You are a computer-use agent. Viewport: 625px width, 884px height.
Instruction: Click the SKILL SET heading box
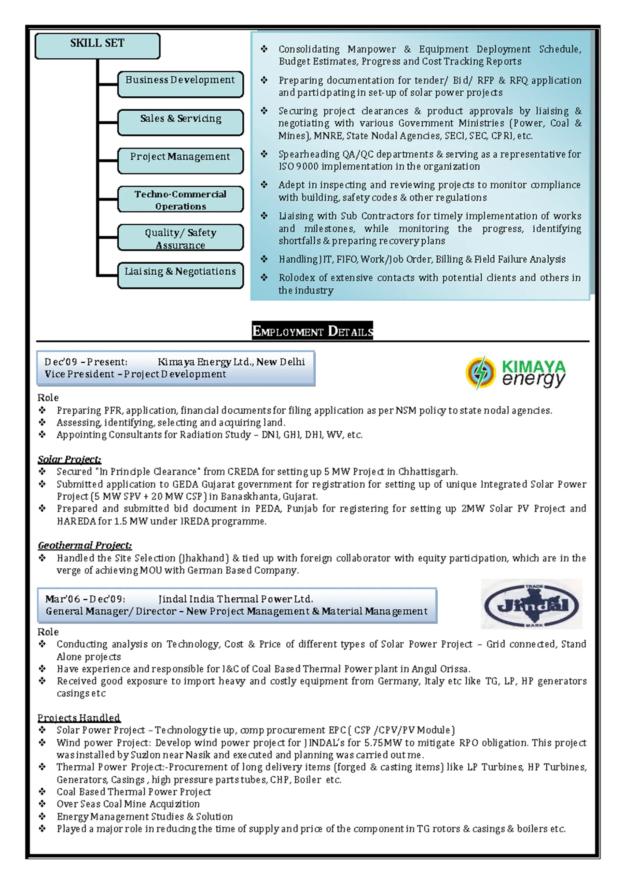coord(97,46)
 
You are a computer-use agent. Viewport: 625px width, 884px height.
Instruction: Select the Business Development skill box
coord(180,83)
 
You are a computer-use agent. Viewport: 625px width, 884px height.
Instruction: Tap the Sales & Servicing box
coord(180,122)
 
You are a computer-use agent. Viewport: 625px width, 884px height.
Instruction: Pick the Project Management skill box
coord(180,161)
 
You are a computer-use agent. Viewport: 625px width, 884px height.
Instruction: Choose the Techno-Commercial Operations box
coord(180,199)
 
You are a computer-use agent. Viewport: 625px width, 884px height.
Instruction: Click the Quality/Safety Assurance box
coord(180,238)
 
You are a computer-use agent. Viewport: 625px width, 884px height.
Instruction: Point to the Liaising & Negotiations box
coord(180,275)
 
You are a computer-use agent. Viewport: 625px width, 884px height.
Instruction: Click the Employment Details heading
coord(312,331)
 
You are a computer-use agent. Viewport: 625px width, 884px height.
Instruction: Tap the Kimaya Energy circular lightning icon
coord(480,372)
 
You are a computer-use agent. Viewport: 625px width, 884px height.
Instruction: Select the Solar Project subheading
coord(69,459)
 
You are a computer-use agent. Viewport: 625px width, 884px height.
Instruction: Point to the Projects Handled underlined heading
coord(79,718)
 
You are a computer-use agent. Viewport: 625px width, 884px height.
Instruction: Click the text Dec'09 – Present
coord(85,362)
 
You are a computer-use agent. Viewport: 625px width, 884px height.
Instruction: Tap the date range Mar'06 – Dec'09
coord(85,599)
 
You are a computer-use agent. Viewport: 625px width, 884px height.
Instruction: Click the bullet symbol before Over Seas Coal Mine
coord(42,804)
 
